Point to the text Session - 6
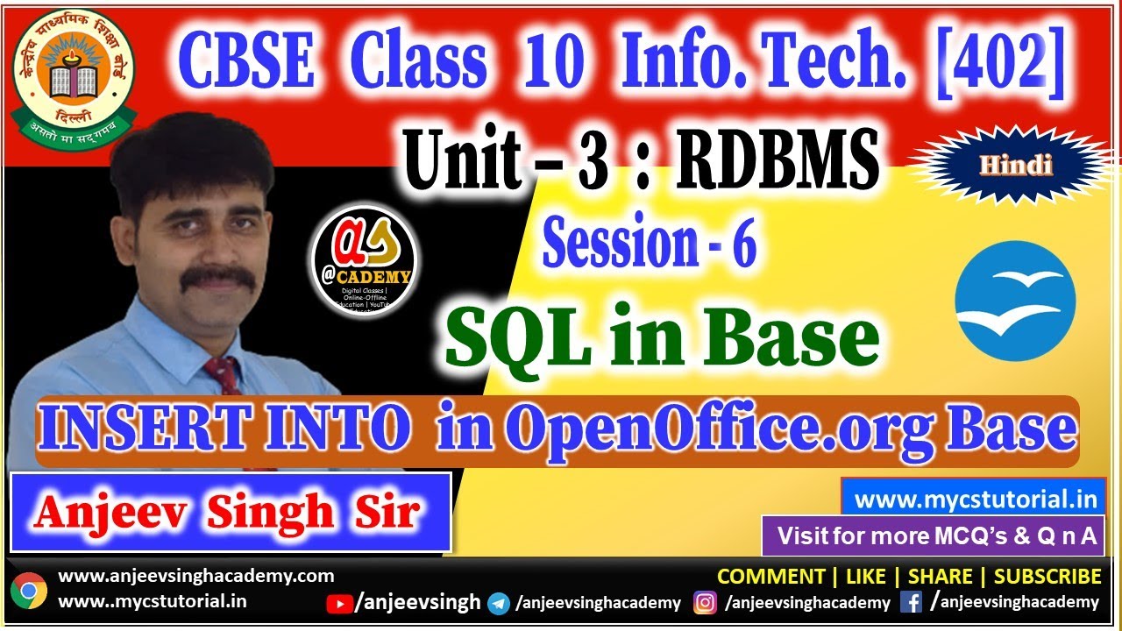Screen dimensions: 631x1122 point(649,245)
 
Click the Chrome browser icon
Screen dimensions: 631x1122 point(29,591)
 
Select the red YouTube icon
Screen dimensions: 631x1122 point(338,603)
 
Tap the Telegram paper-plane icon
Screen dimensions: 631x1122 point(499,603)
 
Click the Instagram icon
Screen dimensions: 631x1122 point(705,603)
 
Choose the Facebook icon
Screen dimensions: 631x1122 point(911,603)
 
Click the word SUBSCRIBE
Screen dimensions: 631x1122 point(1047,577)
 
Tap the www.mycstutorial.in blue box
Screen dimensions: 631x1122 point(976,500)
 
